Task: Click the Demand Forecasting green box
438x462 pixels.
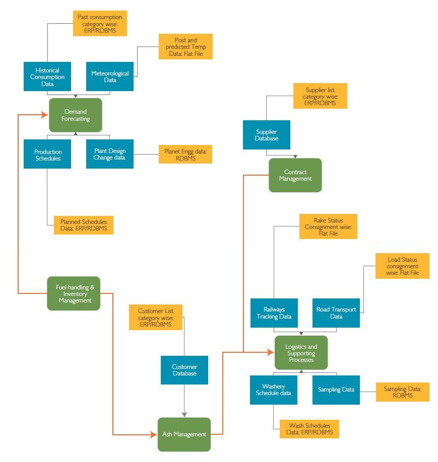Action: pyautogui.click(x=75, y=115)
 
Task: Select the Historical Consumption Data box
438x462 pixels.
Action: pyautogui.click(x=47, y=77)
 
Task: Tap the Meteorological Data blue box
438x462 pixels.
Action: pyautogui.click(x=110, y=76)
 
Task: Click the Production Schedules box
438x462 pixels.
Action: pyautogui.click(x=47, y=155)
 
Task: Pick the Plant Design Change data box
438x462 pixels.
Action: pyautogui.click(x=110, y=154)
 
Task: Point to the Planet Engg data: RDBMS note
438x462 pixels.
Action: pyautogui.click(x=185, y=155)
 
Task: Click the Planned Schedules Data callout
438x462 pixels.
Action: pyautogui.click(x=84, y=225)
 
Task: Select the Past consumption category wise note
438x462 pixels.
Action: pyautogui.click(x=99, y=24)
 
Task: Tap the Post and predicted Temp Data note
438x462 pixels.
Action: pyautogui.click(x=185, y=47)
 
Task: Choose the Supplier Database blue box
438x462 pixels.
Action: pyautogui.click(x=266, y=135)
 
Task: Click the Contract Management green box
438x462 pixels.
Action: pyautogui.click(x=295, y=175)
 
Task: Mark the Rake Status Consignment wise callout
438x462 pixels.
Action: pyautogui.click(x=328, y=226)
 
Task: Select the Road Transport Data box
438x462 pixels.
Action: pyautogui.click(x=336, y=313)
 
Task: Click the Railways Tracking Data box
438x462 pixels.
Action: pyautogui.click(x=274, y=313)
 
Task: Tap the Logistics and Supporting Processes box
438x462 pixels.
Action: pyautogui.click(x=301, y=353)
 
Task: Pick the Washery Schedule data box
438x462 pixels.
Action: pyautogui.click(x=274, y=390)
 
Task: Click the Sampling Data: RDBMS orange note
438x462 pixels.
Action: pyautogui.click(x=402, y=392)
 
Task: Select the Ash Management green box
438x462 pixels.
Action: pyautogui.click(x=184, y=434)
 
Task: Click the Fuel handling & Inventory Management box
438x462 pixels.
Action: pyautogui.click(x=74, y=293)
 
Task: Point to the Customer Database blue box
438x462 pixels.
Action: pyautogui.click(x=184, y=370)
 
